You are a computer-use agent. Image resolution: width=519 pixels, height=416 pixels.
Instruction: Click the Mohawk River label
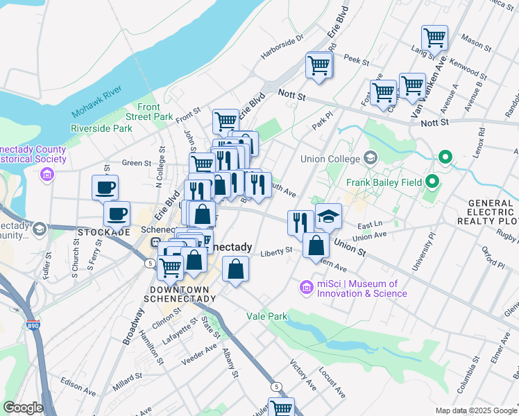click(x=96, y=101)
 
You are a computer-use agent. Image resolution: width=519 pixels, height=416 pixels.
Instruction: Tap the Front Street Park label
click(x=155, y=112)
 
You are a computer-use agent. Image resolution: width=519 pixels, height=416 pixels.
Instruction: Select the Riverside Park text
click(x=101, y=128)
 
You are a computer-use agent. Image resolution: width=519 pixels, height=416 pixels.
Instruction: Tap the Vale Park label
click(x=266, y=315)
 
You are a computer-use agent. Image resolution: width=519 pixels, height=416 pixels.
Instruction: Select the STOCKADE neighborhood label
click(x=105, y=231)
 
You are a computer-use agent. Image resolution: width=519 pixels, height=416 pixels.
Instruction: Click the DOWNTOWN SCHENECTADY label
click(x=180, y=293)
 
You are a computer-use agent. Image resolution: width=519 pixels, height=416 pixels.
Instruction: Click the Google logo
click(x=22, y=408)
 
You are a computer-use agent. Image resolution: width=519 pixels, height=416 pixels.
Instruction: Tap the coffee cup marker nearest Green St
click(x=105, y=187)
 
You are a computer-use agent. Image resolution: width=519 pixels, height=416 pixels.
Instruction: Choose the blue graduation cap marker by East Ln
click(x=328, y=216)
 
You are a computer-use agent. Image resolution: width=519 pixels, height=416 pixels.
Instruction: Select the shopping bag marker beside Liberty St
click(x=316, y=245)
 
